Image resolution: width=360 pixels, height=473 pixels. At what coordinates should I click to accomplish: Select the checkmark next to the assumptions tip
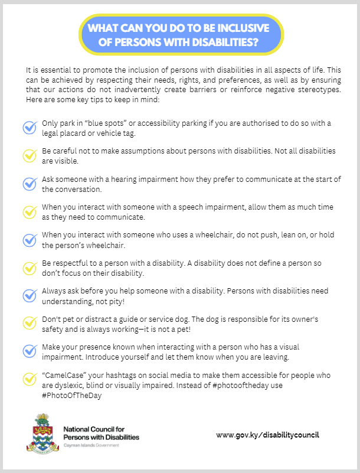coord(30,155)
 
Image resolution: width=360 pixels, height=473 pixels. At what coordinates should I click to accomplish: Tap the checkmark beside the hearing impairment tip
coord(30,184)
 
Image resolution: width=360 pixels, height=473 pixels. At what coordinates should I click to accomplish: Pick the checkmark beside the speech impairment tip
coord(30,212)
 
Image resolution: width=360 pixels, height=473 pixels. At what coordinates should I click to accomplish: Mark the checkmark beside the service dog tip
coord(30,324)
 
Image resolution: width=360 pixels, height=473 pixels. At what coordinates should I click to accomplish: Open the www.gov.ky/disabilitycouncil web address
coord(267,435)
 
